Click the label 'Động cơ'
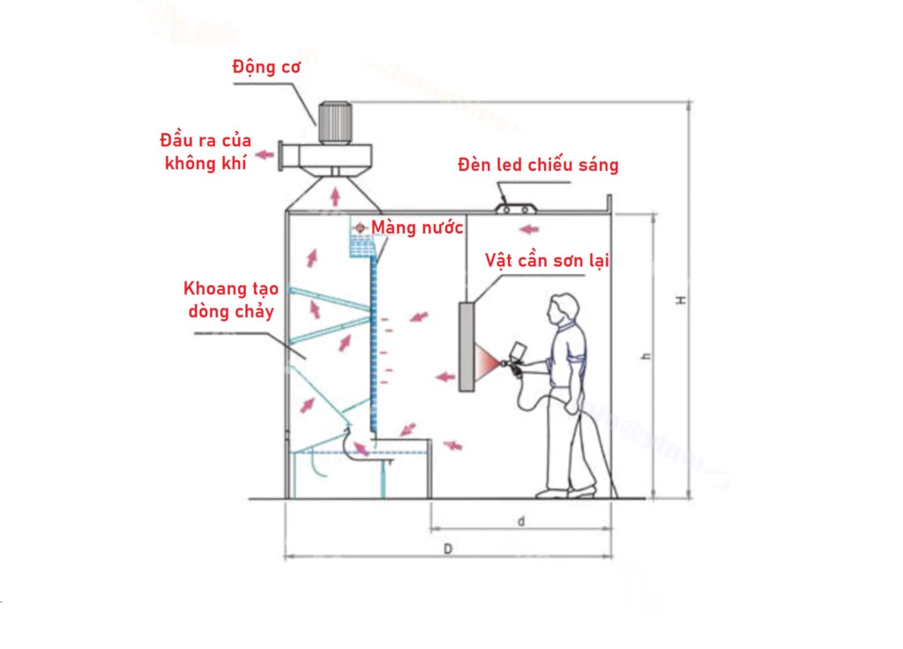click(266, 68)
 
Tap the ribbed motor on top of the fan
click(334, 122)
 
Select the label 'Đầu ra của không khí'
click(205, 152)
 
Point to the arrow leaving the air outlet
click(265, 154)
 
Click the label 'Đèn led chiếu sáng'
click(538, 165)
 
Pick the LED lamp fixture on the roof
click(516, 208)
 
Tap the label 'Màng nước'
click(417, 228)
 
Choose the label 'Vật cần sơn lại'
click(547, 261)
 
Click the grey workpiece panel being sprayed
click(466, 347)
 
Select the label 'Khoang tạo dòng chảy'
click(231, 300)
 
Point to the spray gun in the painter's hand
click(515, 360)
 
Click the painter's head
click(563, 310)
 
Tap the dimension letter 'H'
click(682, 301)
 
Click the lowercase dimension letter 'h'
click(646, 356)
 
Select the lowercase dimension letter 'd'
click(521, 521)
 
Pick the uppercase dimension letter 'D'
click(448, 548)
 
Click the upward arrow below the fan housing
click(335, 197)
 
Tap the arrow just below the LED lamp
click(529, 229)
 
